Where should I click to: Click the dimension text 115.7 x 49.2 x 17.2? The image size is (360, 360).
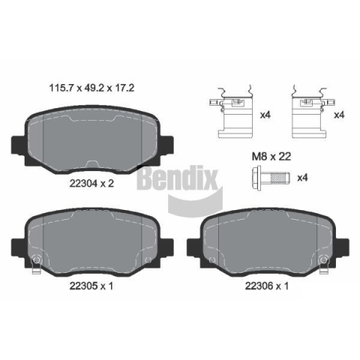(91, 88)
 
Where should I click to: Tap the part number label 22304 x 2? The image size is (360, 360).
(91, 184)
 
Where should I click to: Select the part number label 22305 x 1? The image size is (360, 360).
(91, 286)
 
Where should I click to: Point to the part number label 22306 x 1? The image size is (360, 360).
(267, 286)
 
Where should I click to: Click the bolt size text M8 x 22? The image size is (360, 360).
(271, 157)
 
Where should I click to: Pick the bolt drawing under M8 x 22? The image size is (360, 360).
(271, 178)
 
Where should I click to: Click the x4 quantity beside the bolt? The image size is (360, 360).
(302, 178)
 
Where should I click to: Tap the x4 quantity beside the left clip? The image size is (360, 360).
(265, 115)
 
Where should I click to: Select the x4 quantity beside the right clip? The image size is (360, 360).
(340, 115)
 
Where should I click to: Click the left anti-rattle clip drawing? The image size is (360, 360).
(231, 112)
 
